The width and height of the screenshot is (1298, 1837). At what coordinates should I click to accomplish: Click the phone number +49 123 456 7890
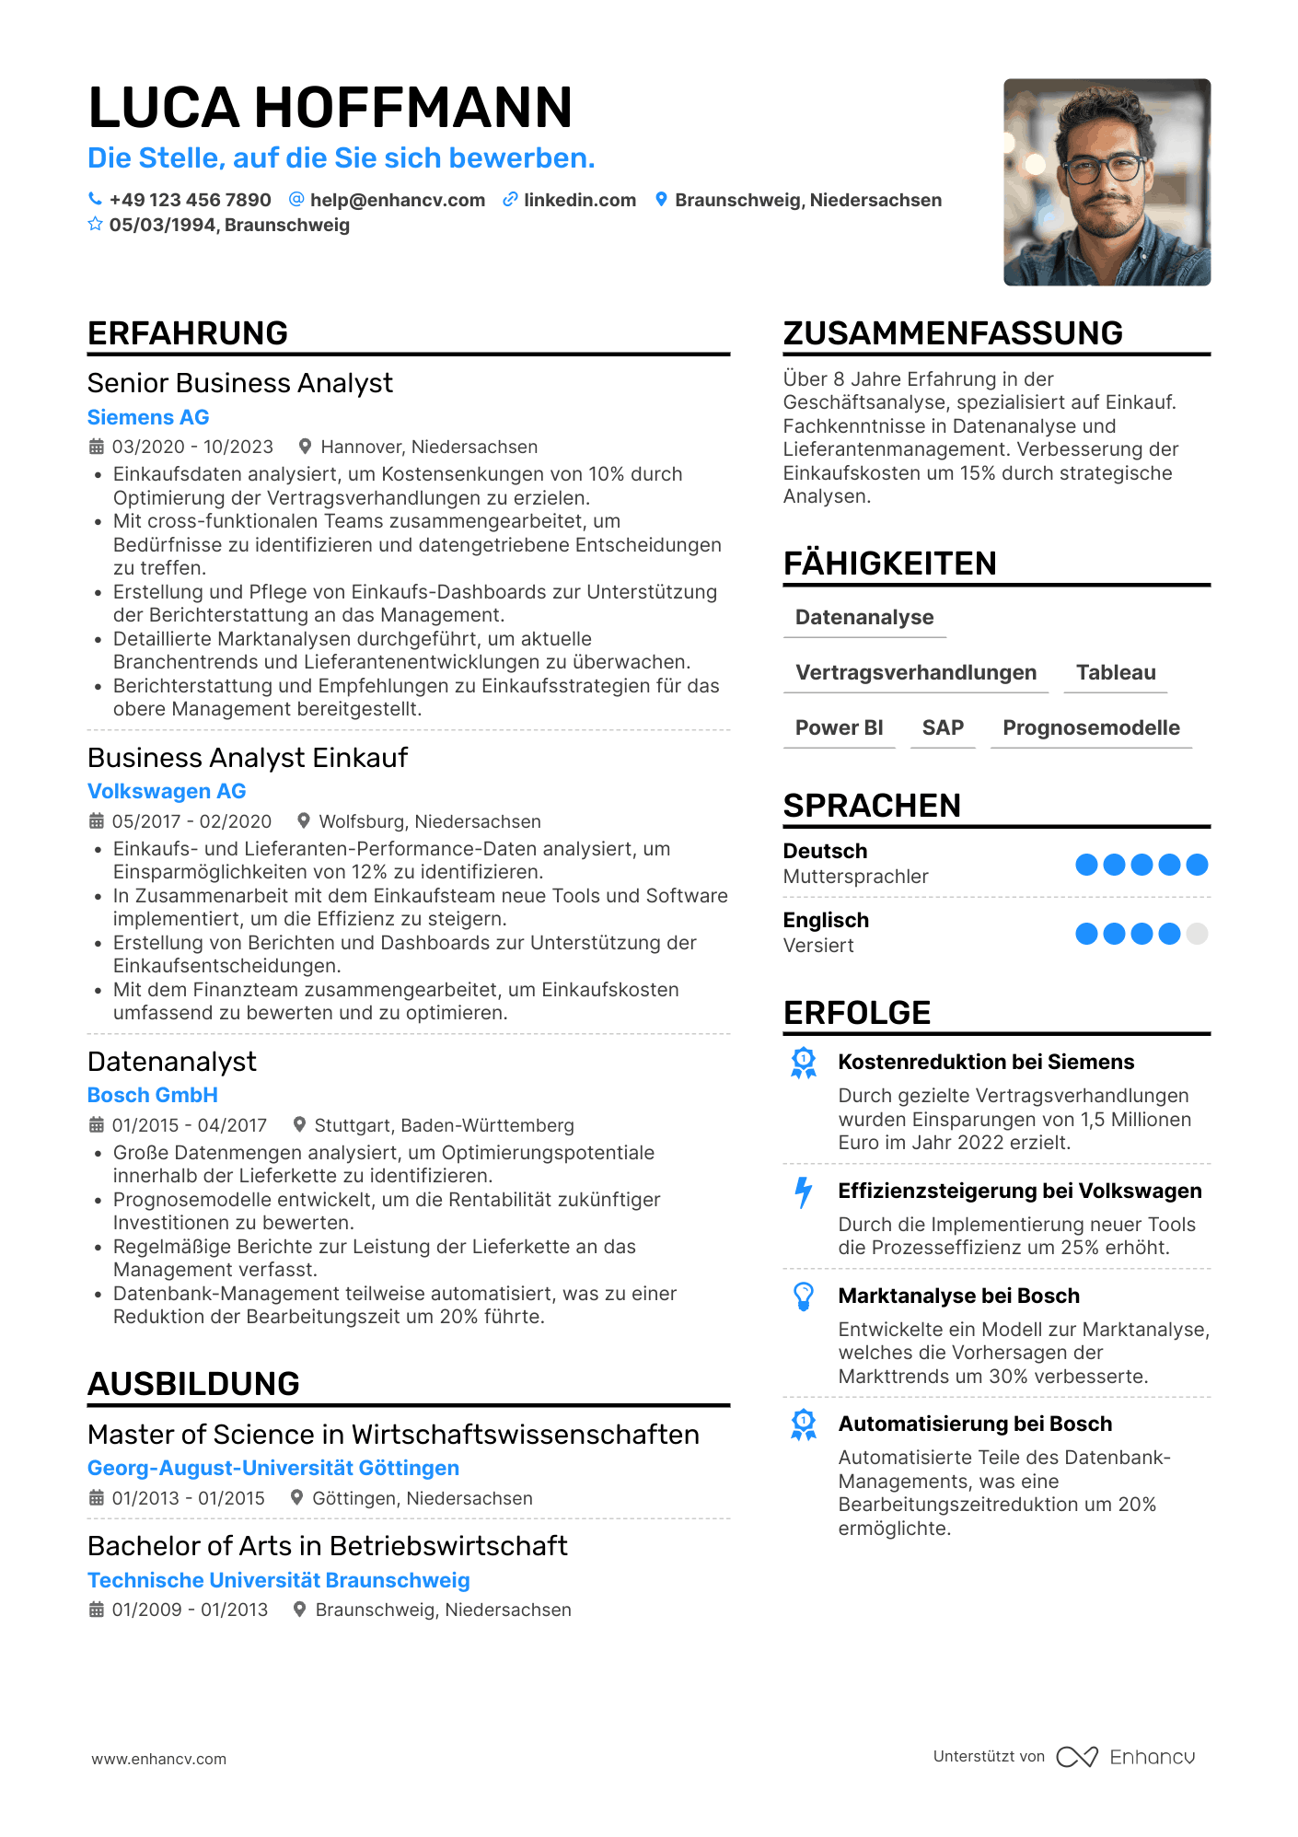click(x=190, y=200)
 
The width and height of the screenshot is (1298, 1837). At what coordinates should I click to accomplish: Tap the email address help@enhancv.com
click(x=397, y=200)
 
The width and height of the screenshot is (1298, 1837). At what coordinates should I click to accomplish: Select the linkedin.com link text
click(x=579, y=200)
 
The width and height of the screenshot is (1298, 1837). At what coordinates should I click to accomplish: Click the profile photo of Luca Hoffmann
click(x=1107, y=182)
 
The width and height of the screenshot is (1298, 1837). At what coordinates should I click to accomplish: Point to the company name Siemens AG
click(x=148, y=417)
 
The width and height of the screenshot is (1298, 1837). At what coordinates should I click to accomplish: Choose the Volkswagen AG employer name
click(x=167, y=791)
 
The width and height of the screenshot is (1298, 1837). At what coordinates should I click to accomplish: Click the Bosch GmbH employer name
click(x=153, y=1095)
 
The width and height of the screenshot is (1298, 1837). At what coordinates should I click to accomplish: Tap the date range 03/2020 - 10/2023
click(x=192, y=447)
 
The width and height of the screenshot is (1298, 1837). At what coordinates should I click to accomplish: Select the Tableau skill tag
click(x=1116, y=672)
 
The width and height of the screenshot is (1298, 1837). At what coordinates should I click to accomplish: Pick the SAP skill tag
click(x=943, y=727)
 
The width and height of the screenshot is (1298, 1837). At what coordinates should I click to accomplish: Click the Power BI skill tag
click(x=839, y=727)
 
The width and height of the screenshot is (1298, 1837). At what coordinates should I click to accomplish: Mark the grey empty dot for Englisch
click(x=1197, y=934)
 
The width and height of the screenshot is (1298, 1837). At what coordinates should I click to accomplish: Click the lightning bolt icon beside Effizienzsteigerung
click(x=804, y=1192)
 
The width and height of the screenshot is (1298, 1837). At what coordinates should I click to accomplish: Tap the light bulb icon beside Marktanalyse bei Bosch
click(x=804, y=1296)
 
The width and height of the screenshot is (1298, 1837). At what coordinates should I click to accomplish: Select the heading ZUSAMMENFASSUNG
click(x=953, y=333)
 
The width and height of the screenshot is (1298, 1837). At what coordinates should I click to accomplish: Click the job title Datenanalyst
click(x=172, y=1062)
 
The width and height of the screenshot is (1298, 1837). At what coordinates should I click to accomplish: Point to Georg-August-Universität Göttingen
click(x=273, y=1468)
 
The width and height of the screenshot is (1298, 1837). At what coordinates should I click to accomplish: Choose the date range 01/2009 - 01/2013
click(x=190, y=1610)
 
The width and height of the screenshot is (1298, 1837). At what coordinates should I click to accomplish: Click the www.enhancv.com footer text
click(x=158, y=1759)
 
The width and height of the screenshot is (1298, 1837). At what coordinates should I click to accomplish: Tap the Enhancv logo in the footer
click(x=1126, y=1757)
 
